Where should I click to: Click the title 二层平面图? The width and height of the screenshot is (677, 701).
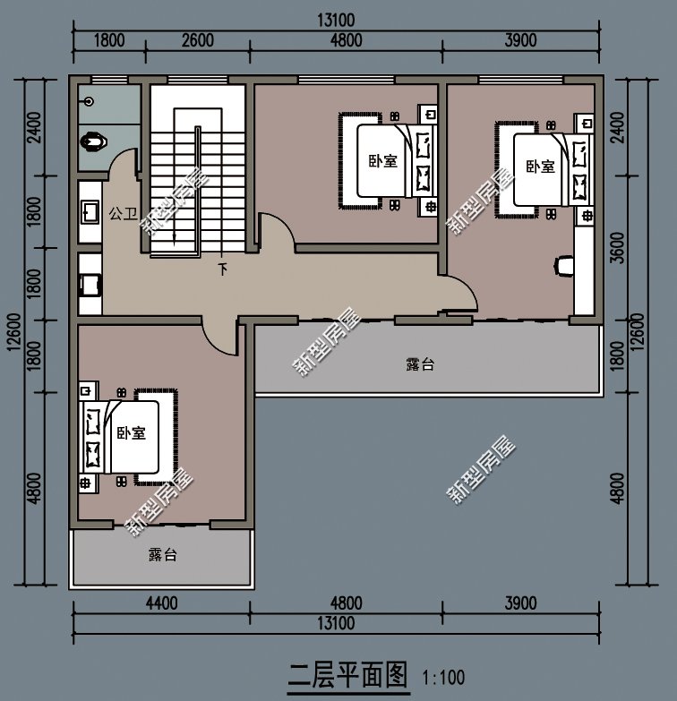pyautogui.click(x=348, y=671)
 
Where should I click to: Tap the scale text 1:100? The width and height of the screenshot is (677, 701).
pyautogui.click(x=442, y=675)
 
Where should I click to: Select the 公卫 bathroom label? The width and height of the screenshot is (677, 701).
pyautogui.click(x=123, y=214)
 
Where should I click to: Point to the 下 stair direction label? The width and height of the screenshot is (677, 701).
pyautogui.click(x=221, y=268)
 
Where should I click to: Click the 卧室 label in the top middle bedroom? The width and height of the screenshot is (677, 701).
pyautogui.click(x=382, y=161)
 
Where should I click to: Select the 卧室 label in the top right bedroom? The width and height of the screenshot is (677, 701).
pyautogui.click(x=539, y=167)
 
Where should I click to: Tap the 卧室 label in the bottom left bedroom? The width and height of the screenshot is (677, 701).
pyautogui.click(x=131, y=433)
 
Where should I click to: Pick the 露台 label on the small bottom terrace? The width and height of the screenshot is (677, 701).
pyautogui.click(x=162, y=555)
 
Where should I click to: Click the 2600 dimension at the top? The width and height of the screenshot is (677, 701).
pyautogui.click(x=197, y=39)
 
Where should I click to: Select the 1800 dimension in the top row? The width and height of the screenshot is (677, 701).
pyautogui.click(x=107, y=39)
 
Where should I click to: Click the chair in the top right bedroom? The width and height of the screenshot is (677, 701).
pyautogui.click(x=564, y=266)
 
